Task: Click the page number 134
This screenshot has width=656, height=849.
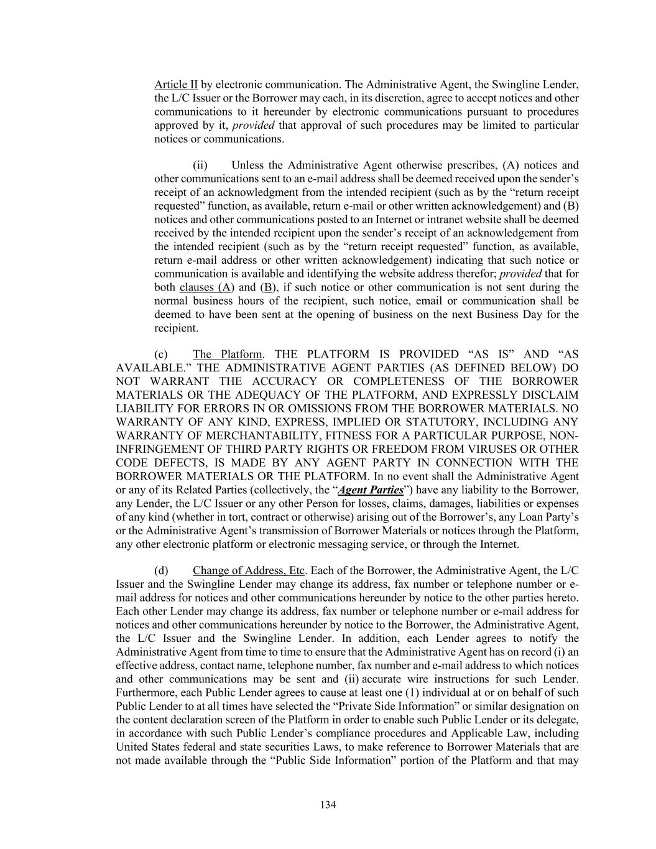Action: pos(328,805)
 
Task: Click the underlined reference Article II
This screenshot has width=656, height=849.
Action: pos(176,85)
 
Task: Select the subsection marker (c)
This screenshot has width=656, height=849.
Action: pos(161,355)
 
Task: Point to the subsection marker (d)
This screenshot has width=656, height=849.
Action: pos(161,571)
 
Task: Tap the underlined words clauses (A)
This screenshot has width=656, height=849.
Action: pos(206,287)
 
